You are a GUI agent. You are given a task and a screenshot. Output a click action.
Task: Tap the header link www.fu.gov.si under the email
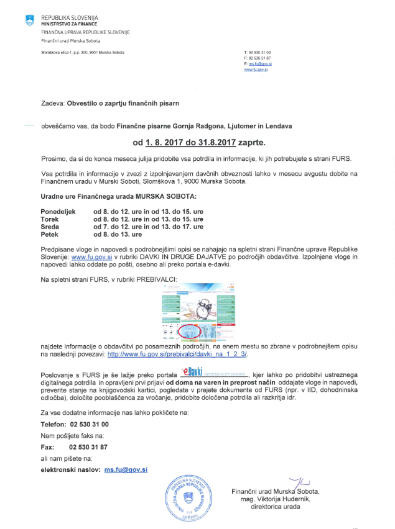(256, 70)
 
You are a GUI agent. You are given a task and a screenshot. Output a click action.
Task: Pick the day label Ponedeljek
(58, 212)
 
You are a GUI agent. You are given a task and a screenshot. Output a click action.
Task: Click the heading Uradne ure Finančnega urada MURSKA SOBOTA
(118, 196)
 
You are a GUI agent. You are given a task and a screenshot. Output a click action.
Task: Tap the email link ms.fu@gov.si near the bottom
(126, 471)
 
